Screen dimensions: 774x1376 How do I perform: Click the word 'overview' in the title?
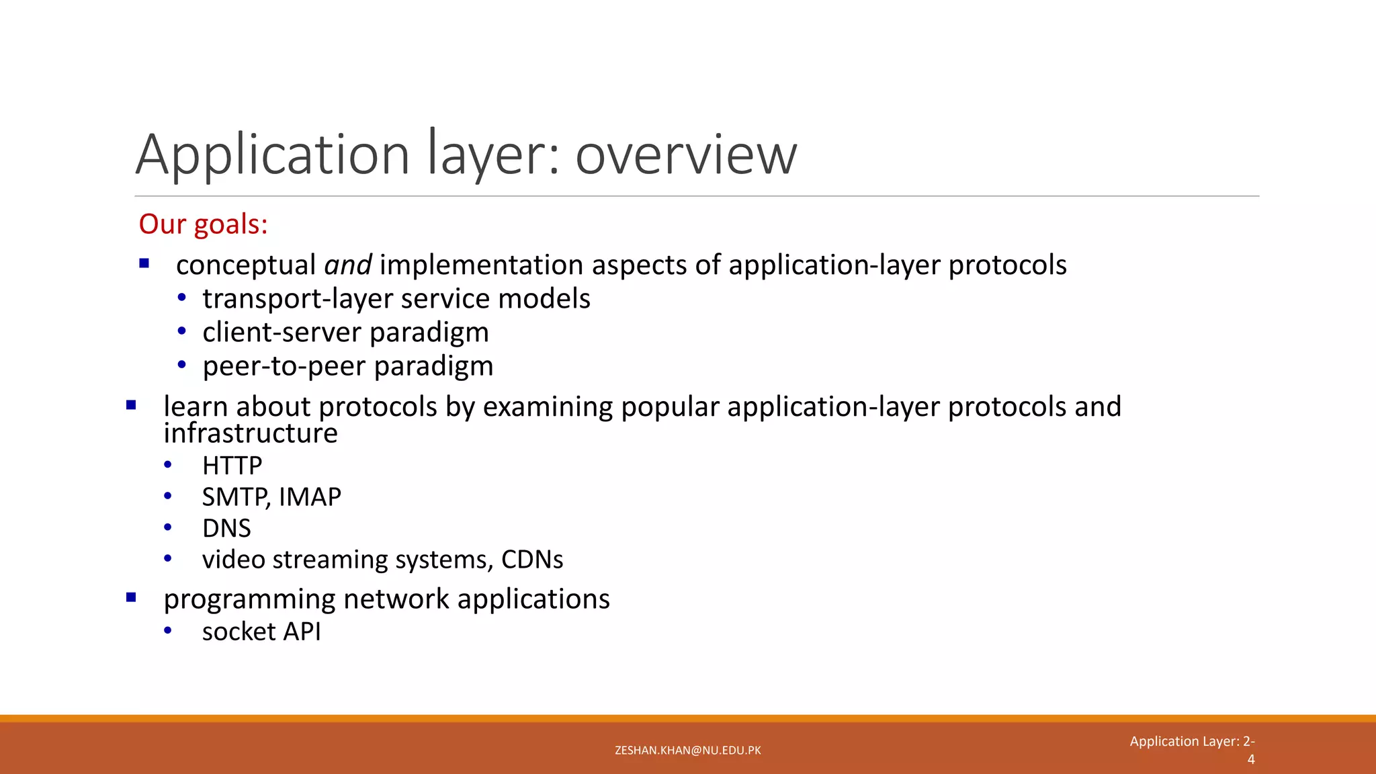coord(686,155)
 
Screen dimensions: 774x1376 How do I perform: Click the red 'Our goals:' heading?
coord(203,224)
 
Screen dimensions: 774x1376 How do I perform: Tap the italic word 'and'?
coord(347,265)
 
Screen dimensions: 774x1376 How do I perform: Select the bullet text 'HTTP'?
coord(232,465)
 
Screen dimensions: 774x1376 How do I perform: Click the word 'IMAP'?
coord(310,497)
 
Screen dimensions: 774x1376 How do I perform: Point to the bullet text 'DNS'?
coord(226,528)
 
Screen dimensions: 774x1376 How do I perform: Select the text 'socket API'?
coord(261,631)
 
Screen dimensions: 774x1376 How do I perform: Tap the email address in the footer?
coord(687,750)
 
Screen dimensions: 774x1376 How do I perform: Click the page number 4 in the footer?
coord(1250,759)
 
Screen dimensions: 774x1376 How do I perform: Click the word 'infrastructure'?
coord(251,433)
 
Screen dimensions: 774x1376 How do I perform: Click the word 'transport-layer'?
coord(311,299)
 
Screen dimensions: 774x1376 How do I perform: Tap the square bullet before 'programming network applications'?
coord(131,597)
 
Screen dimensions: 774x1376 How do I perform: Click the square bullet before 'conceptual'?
coord(144,264)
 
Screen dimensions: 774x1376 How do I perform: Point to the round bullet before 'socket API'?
coord(168,630)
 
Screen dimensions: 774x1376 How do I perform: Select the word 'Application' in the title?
coord(272,155)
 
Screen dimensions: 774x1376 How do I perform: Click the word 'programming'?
coord(249,599)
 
